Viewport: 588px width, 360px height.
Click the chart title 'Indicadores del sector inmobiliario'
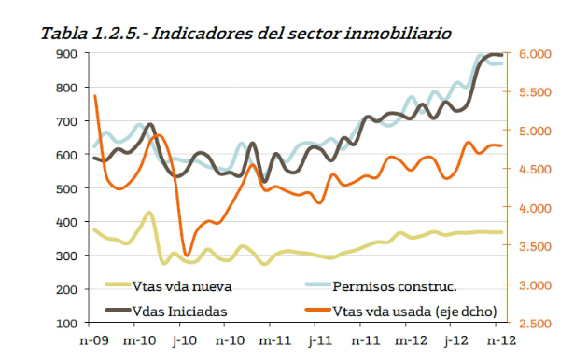click(301, 34)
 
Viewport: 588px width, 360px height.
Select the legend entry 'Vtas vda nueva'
click(181, 285)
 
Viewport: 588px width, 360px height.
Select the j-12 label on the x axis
click(455, 341)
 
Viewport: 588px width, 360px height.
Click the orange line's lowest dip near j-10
click(187, 255)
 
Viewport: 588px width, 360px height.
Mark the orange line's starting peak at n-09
click(94, 96)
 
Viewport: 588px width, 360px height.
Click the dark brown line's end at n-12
click(502, 55)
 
